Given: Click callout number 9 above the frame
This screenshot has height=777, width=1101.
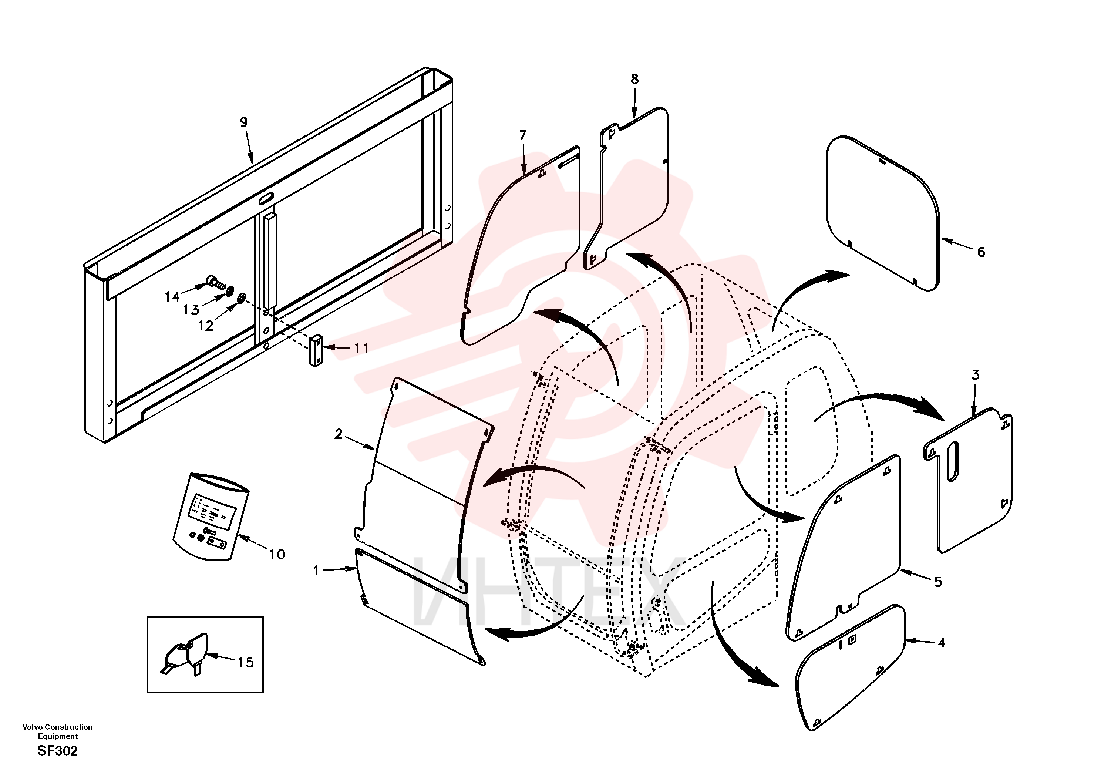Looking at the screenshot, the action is (x=243, y=122).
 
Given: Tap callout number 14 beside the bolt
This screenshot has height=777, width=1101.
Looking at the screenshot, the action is (x=172, y=297).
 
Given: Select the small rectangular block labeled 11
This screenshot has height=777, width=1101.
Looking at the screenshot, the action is (x=316, y=351).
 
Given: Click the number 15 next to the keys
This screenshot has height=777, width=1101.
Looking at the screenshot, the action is (x=246, y=662).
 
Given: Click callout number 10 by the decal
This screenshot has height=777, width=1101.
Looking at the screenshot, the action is (x=277, y=555).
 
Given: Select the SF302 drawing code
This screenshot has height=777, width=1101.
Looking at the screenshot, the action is (x=58, y=751).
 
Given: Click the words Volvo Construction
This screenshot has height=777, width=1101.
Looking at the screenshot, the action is (x=58, y=727).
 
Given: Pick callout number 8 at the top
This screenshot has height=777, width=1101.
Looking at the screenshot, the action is (x=634, y=79).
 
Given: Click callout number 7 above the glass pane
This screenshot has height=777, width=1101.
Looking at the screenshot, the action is (x=523, y=135).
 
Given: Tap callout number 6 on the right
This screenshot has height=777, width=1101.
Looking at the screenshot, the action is (x=981, y=252).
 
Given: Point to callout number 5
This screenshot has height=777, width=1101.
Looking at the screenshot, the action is (x=938, y=582).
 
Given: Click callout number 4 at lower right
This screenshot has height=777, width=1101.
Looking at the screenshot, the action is (x=941, y=643).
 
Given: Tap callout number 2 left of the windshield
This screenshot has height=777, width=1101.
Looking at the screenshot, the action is (x=339, y=434).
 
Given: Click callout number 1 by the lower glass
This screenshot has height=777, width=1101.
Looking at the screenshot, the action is (x=316, y=571).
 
